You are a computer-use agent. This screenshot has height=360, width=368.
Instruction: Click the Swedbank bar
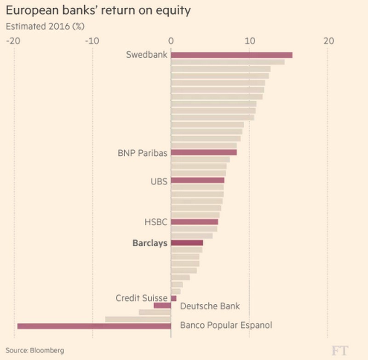click(231, 55)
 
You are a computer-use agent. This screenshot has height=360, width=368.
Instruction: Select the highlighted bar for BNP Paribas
click(204, 153)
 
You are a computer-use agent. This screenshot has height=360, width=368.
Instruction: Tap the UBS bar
click(197, 180)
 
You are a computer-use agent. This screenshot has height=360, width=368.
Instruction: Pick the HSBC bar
click(194, 222)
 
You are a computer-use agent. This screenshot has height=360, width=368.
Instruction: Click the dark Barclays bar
click(187, 243)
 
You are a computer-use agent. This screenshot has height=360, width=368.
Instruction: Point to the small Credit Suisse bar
click(173, 298)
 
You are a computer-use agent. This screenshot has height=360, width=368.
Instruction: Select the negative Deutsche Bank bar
click(162, 305)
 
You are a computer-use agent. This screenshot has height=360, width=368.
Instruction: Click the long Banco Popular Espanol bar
click(94, 326)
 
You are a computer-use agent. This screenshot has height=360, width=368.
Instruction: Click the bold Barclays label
click(149, 243)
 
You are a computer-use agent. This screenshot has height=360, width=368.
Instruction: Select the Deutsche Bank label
click(210, 306)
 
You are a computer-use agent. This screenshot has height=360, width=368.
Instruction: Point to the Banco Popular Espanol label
click(226, 326)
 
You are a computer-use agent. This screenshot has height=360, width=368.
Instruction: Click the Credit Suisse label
click(141, 298)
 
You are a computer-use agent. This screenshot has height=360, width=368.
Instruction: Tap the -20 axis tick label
click(13, 41)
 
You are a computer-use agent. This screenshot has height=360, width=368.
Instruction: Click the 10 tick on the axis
click(249, 41)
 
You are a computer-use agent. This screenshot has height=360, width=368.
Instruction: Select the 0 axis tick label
click(171, 41)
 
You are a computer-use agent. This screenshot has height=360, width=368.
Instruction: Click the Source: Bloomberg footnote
click(35, 350)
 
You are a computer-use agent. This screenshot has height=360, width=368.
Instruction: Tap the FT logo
click(340, 350)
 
